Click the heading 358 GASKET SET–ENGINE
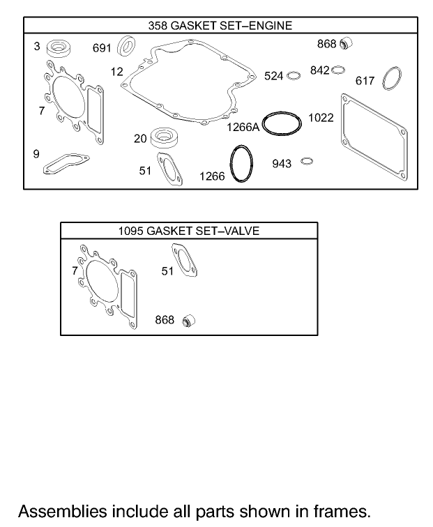click(220, 26)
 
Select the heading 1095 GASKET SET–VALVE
click(188, 231)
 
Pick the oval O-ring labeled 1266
click(241, 165)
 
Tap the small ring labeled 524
click(294, 75)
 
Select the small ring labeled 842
click(338, 70)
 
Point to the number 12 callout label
click(116, 71)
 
